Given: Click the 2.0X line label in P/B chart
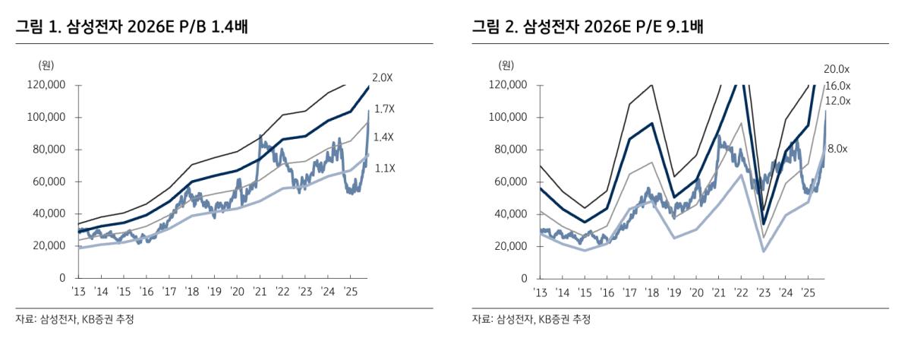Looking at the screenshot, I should pyautogui.click(x=383, y=77).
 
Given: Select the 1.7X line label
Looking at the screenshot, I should pyautogui.click(x=385, y=109).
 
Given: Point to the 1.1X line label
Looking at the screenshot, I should pyautogui.click(x=385, y=168).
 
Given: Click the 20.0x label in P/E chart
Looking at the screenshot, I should pyautogui.click(x=837, y=69).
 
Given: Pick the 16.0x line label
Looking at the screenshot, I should pyautogui.click(x=837, y=86).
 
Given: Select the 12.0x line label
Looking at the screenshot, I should pyautogui.click(x=837, y=101).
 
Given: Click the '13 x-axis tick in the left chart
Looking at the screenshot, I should pyautogui.click(x=79, y=292).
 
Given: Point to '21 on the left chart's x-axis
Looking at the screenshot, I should pyautogui.click(x=260, y=292).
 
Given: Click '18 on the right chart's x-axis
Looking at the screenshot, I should pyautogui.click(x=651, y=292).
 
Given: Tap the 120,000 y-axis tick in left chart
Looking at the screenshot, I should pyautogui.click(x=47, y=85).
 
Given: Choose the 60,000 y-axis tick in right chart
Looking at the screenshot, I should pyautogui.click(x=508, y=182).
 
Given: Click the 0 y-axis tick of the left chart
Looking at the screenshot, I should pyautogui.click(x=64, y=278).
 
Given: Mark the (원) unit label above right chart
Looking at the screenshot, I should pyautogui.click(x=506, y=65).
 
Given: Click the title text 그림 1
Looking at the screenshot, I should pyautogui.click(x=37, y=28).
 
